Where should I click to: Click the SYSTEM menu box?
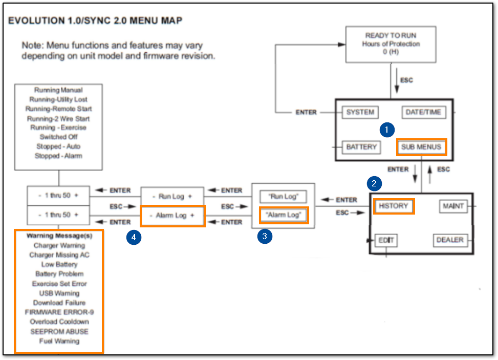click(x=360, y=113)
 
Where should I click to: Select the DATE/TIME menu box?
click(x=423, y=113)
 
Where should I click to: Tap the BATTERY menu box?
click(x=361, y=147)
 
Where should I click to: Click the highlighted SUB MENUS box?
click(x=421, y=147)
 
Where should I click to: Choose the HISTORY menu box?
click(x=393, y=206)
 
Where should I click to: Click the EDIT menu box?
click(x=385, y=240)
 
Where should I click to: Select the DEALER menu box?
click(x=450, y=240)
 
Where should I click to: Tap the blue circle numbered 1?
click(x=386, y=130)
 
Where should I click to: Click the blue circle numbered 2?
click(x=374, y=183)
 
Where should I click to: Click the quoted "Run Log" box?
click(x=283, y=197)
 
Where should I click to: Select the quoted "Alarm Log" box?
click(x=283, y=215)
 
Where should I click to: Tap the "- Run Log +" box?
click(x=172, y=197)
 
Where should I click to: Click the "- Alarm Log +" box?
click(x=172, y=216)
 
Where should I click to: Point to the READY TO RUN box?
click(x=391, y=44)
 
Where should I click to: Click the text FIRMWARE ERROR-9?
click(x=59, y=312)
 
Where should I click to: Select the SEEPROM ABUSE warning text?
click(x=59, y=331)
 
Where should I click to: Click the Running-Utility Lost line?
click(x=59, y=99)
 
